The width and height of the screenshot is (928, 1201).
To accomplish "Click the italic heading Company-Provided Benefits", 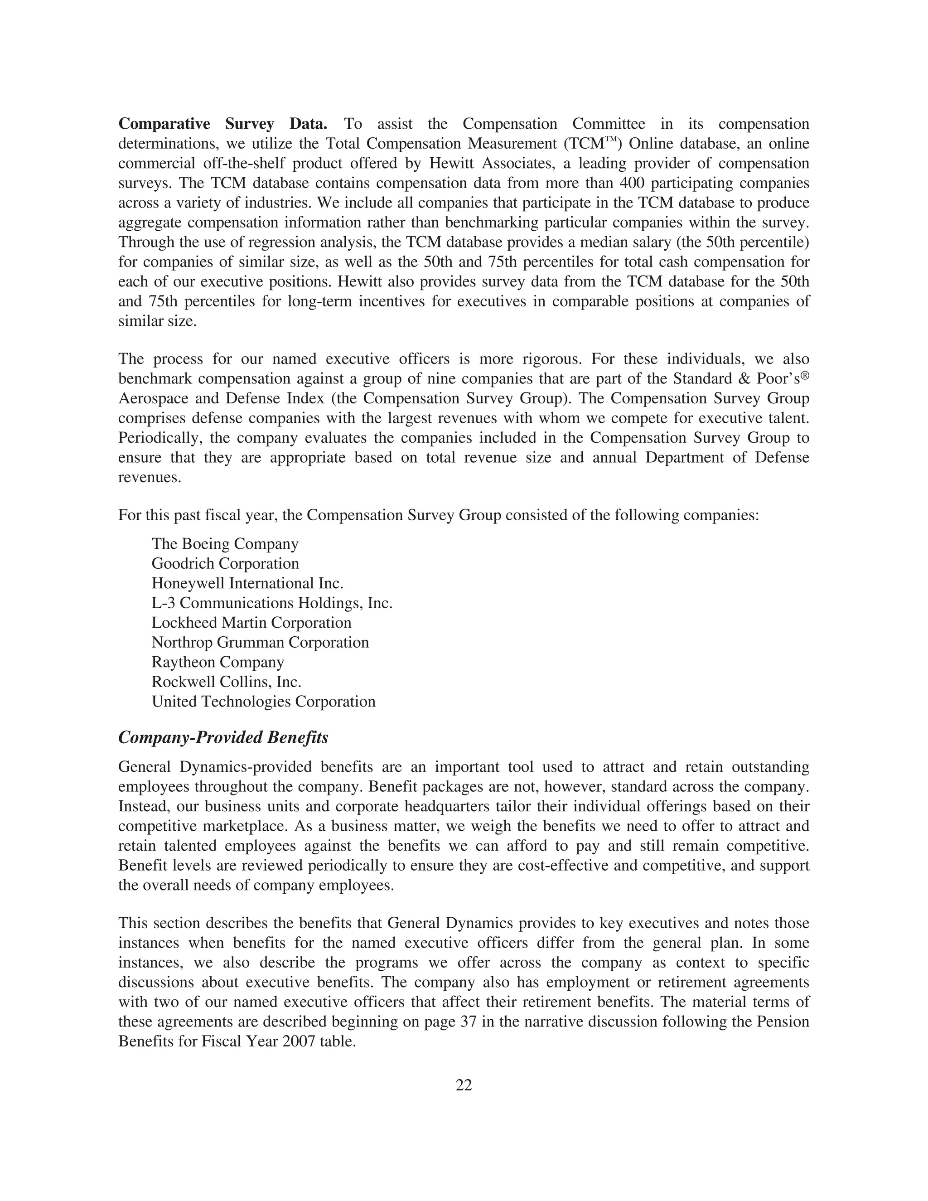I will click(x=223, y=737).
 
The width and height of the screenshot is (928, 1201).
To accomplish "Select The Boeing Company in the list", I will click(x=225, y=544).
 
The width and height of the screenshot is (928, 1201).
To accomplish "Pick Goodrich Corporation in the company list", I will click(x=225, y=564).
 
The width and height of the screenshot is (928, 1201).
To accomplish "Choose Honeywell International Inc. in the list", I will click(x=247, y=583).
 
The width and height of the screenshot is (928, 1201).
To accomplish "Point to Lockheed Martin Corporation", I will click(x=251, y=623).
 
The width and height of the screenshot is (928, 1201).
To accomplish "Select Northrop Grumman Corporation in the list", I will click(x=260, y=643).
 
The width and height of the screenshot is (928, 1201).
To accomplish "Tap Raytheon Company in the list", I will click(x=217, y=662).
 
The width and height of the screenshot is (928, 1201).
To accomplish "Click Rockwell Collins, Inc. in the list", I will click(x=227, y=682).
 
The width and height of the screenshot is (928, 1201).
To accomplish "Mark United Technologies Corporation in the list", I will click(x=263, y=702).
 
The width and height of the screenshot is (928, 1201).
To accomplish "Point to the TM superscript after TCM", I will click(x=611, y=140).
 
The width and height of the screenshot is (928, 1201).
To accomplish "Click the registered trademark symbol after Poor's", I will click(x=805, y=376).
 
